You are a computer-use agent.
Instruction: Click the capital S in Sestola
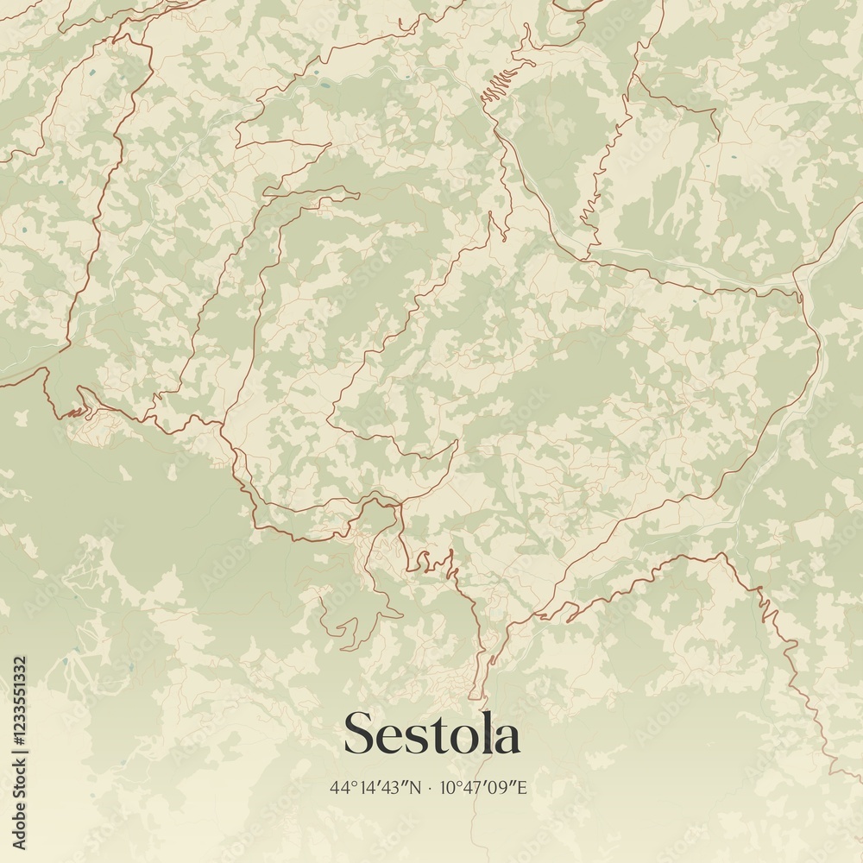pyautogui.click(x=360, y=734)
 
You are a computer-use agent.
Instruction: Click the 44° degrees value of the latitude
pyautogui.click(x=338, y=787)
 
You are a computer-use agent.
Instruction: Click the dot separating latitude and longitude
pyautogui.click(x=429, y=788)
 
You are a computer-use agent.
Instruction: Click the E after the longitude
pyautogui.click(x=521, y=787)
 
